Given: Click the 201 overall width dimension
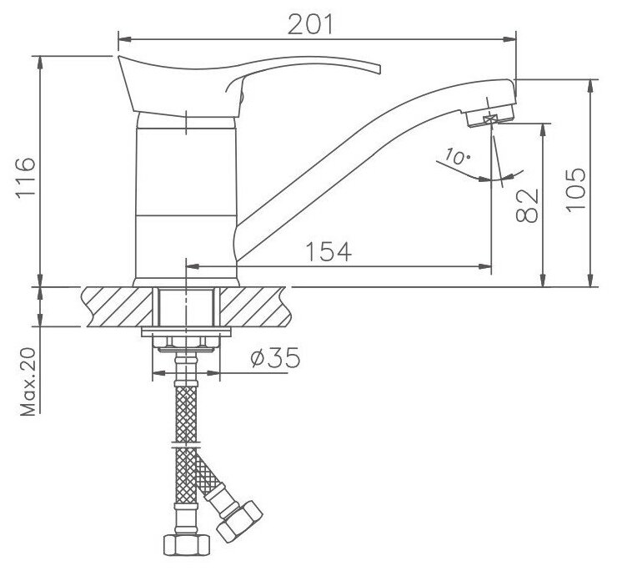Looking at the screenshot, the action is [310, 24].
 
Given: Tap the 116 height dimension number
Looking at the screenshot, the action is [26, 178].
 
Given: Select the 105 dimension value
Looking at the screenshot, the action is [575, 190].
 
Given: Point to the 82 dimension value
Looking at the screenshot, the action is [526, 205].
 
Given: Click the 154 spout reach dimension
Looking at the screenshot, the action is [329, 251].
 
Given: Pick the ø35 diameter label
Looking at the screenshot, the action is [275, 357].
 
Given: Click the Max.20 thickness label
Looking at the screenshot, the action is [28, 382].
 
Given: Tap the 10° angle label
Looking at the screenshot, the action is [457, 156].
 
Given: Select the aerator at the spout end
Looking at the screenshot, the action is [489, 116].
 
